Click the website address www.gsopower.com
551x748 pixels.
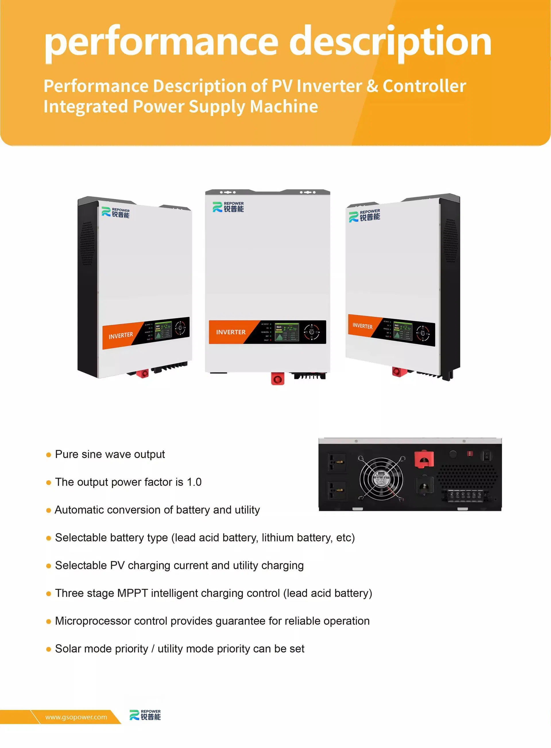click(76, 717)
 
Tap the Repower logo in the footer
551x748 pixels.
click(145, 715)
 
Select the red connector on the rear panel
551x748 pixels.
click(424, 459)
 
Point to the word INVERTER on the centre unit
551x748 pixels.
click(231, 332)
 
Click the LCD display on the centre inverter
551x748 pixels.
click(287, 332)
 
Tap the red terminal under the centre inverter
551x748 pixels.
click(277, 379)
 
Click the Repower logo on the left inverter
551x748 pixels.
click(115, 213)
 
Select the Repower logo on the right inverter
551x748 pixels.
click(365, 216)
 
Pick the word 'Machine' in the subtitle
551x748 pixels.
click(284, 107)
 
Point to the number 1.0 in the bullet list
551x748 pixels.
click(194, 482)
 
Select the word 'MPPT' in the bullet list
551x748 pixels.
click(132, 593)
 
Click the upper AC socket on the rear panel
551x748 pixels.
click(337, 462)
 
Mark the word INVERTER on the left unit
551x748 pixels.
click(121, 335)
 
